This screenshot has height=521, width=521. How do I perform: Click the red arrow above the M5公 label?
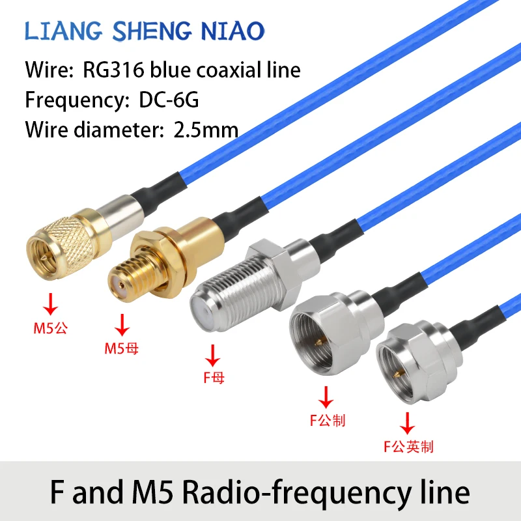[50, 303]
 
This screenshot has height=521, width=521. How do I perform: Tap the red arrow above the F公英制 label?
[408, 422]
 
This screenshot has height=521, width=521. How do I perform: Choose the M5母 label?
[122, 348]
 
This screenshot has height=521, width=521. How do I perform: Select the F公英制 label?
[408, 447]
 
